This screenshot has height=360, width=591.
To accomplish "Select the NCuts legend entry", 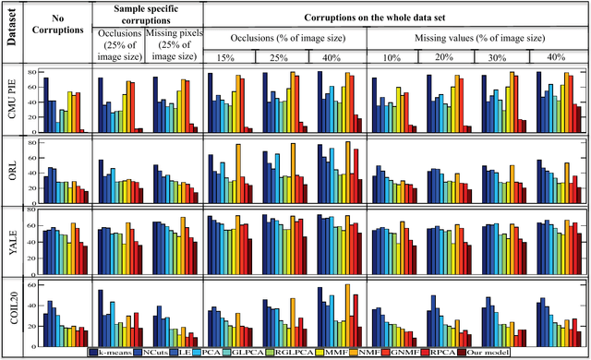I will (x=168, y=352).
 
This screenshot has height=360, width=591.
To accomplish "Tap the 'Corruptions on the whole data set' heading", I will (x=397, y=16).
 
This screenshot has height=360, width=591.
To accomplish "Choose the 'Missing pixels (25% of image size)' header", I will (x=173, y=42).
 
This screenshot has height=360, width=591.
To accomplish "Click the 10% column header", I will (x=394, y=57).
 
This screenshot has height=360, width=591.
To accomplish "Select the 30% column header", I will (x=504, y=57).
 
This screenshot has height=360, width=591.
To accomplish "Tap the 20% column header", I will (x=450, y=57).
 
